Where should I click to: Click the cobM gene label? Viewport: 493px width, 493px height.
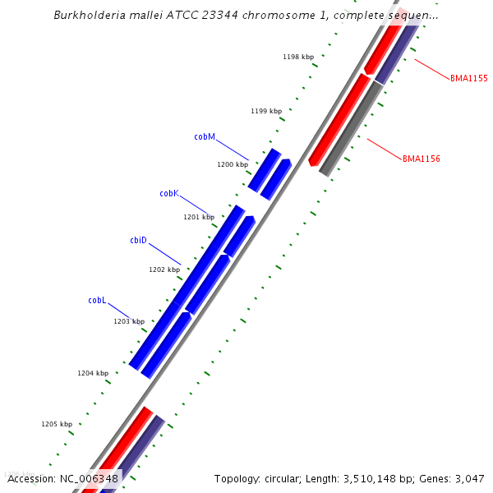point(205,136)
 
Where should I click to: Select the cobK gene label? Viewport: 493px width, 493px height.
point(169,193)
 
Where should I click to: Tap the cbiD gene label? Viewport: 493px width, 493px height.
point(138,240)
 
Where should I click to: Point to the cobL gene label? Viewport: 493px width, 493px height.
point(97,300)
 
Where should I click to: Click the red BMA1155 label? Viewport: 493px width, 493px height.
point(468,78)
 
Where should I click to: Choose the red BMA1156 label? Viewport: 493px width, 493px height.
point(421,159)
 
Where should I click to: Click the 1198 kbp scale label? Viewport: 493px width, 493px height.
point(297,57)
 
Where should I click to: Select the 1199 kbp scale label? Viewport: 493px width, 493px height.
point(265,111)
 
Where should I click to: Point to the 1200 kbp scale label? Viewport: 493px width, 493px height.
point(232,164)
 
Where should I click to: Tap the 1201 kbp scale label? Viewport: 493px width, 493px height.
point(198,217)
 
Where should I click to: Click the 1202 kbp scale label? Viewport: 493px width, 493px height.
point(164,270)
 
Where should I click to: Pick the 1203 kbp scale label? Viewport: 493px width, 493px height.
point(128,321)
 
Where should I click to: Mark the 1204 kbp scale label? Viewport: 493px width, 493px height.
point(93,373)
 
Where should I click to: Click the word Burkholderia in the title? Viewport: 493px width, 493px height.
point(85,15)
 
